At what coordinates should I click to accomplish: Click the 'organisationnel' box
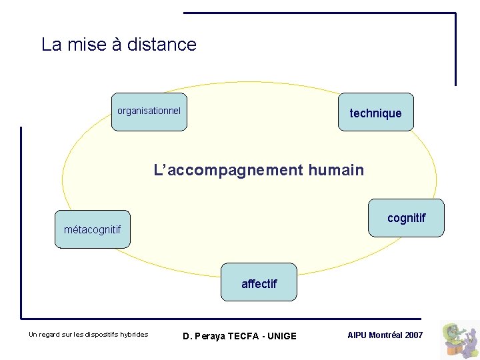[149, 111]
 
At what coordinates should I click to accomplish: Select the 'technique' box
[375, 113]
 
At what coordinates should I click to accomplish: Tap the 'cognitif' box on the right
[406, 218]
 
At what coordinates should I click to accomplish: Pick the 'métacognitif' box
[92, 229]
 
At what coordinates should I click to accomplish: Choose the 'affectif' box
[259, 283]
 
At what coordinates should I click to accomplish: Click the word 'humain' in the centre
[336, 170]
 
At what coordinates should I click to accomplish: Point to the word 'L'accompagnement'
[228, 170]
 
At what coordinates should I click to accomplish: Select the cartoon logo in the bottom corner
[461, 339]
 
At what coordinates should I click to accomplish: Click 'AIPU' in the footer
[357, 335]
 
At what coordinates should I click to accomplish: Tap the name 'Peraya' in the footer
[210, 336]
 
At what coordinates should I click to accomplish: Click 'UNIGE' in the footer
[283, 336]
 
